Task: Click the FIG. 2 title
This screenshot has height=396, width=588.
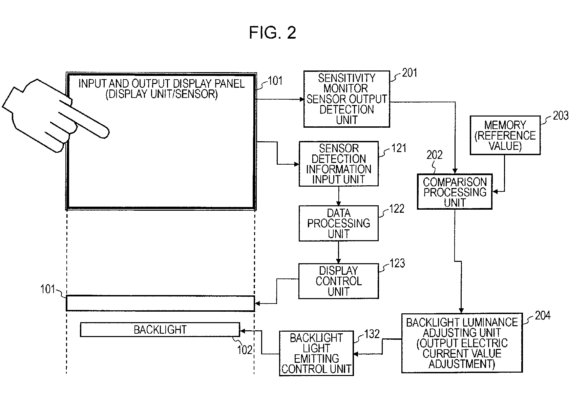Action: point(273,33)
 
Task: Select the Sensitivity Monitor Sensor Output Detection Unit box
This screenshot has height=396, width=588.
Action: point(346,99)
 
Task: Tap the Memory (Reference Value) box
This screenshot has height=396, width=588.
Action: point(505,135)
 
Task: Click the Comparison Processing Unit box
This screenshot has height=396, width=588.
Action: point(455,192)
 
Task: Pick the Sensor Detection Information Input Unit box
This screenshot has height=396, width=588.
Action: point(338,164)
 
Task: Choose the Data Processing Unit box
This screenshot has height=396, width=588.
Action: point(338,223)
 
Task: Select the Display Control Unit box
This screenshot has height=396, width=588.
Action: point(338,281)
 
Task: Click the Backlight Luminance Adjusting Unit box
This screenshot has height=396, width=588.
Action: point(462,343)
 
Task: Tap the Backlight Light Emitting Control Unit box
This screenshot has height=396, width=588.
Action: point(316,353)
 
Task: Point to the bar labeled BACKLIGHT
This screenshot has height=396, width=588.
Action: point(160,330)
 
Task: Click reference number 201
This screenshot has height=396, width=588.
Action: point(409,73)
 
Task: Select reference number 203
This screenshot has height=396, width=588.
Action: point(561,116)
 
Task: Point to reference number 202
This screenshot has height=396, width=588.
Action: point(435,155)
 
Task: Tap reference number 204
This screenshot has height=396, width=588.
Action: point(543,316)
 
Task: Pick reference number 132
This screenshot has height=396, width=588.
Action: point(372,334)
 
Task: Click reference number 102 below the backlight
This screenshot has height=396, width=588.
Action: point(245,350)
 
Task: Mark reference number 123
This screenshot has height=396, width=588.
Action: point(397,264)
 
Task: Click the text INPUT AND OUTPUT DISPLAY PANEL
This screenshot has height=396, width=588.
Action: point(162,84)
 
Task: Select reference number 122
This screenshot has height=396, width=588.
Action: point(397,209)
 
